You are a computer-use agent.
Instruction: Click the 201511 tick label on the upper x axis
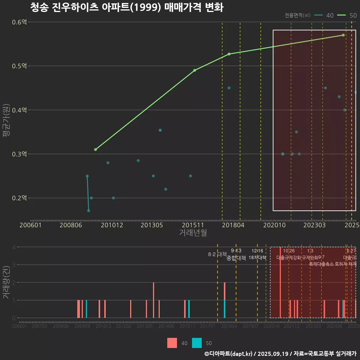[x=192, y=225]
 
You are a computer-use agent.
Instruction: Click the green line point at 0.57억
[x=343, y=35]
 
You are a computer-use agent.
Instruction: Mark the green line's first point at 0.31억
[x=95, y=150]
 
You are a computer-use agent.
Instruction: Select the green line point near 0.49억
[x=195, y=70]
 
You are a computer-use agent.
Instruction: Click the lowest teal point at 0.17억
[x=88, y=211]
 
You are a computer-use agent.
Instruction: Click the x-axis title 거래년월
[x=193, y=233]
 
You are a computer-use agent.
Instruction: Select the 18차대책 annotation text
[x=257, y=258]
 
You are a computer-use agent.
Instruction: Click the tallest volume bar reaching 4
[x=280, y=282]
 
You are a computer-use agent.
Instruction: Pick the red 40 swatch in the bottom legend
[x=172, y=343]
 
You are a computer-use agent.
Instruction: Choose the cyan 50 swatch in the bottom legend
[x=197, y=343]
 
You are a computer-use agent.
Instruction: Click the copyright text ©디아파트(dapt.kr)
[x=229, y=353]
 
